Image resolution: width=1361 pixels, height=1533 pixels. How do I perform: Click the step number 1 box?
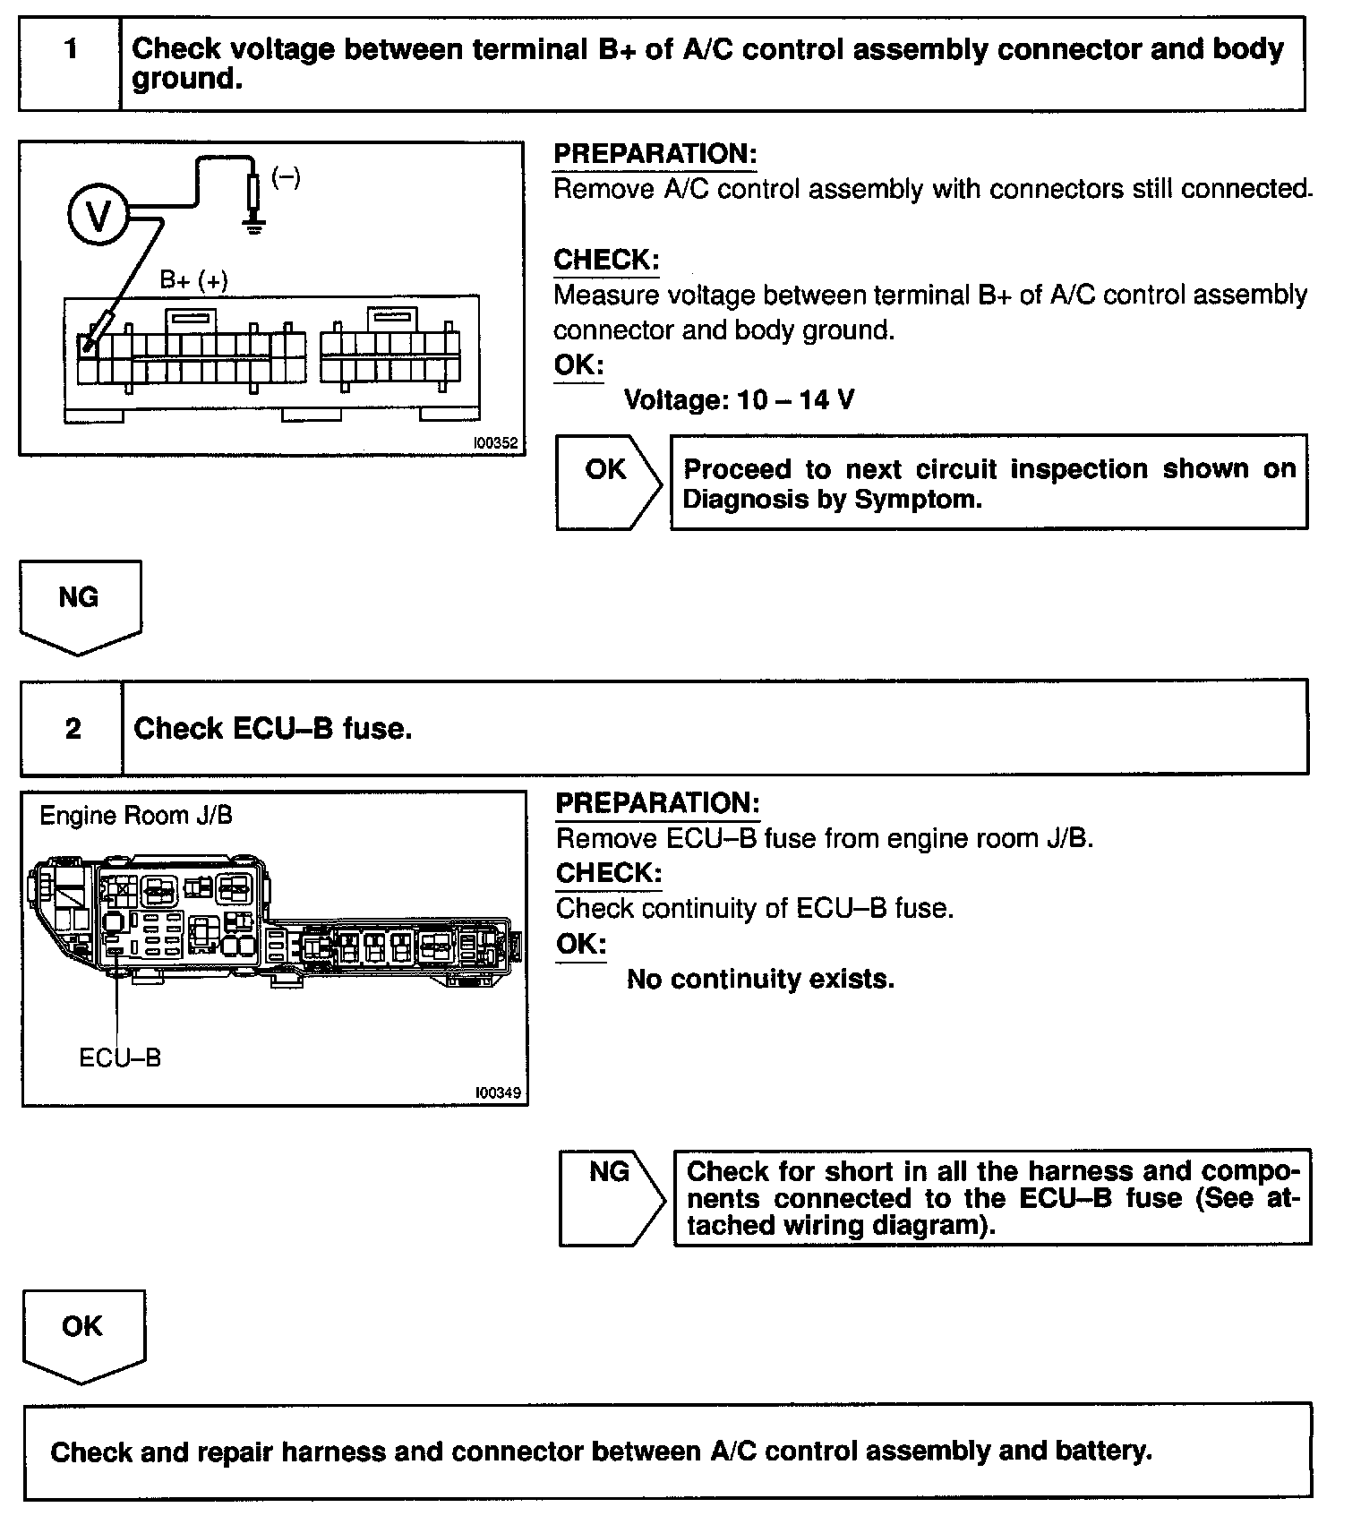tap(70, 63)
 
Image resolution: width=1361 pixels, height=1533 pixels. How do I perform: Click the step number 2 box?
tap(72, 728)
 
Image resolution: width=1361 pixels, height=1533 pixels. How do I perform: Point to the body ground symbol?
tap(254, 224)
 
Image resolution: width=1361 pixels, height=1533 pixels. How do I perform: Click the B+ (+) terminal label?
tap(193, 280)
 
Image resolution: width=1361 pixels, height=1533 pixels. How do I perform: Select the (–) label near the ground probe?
tap(286, 177)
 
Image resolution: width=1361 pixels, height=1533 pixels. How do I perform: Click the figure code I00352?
tap(496, 442)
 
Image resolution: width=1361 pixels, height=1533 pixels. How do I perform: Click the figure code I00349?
tap(499, 1092)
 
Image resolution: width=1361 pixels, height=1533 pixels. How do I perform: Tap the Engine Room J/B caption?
tap(136, 816)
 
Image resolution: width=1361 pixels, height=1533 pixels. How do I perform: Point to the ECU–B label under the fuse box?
tap(120, 1058)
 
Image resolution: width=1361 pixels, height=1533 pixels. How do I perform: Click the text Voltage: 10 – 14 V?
tap(739, 399)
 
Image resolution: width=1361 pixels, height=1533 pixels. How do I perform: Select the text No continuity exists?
tap(760, 979)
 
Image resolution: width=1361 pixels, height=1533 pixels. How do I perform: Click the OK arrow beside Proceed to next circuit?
tap(607, 482)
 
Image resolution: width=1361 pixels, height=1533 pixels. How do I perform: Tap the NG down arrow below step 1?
tap(80, 604)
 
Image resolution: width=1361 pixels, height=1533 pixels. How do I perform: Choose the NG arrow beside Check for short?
tap(611, 1196)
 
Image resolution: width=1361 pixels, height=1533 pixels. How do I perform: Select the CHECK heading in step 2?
tap(609, 873)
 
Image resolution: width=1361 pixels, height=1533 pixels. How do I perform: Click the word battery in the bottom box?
tap(1105, 1452)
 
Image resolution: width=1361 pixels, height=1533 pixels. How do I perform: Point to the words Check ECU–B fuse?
tap(273, 729)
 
